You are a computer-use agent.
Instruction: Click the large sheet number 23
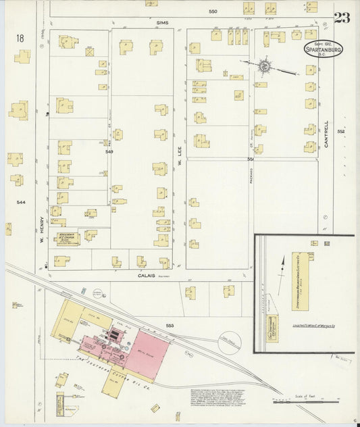[x=341, y=18]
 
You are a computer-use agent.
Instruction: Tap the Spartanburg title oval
[x=317, y=51]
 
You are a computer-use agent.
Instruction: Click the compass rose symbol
[x=264, y=66]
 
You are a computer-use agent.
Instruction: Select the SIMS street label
[x=161, y=22]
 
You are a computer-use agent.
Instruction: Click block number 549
[x=109, y=152]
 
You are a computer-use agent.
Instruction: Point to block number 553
[x=170, y=326]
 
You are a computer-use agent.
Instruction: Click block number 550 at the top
[x=213, y=11]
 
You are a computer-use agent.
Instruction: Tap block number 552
[x=341, y=131]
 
